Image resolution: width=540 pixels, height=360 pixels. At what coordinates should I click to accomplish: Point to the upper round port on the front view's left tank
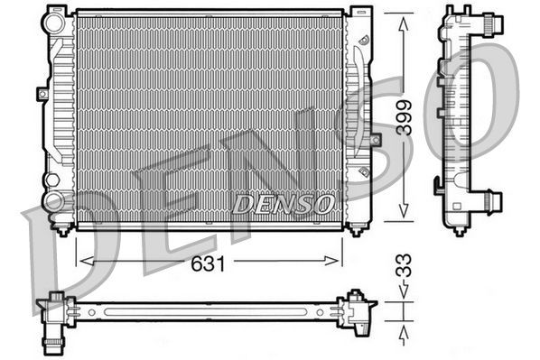[x=53, y=25]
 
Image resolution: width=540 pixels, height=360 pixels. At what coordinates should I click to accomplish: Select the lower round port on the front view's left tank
[x=53, y=202]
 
